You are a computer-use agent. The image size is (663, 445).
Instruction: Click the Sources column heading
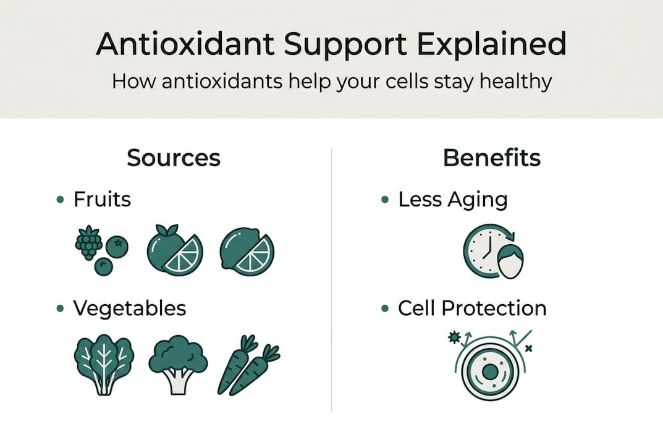point(174,158)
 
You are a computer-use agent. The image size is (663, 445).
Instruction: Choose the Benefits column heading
point(492,158)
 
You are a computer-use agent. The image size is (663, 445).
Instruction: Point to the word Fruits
point(102,200)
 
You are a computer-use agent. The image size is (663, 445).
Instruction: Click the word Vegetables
point(130,308)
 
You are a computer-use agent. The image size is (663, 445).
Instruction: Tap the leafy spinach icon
point(103,363)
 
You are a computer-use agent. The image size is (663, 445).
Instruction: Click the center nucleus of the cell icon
point(489,372)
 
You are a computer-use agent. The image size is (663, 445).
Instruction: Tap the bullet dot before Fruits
point(60,200)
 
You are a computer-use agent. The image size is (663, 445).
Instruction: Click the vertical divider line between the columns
point(332,278)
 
